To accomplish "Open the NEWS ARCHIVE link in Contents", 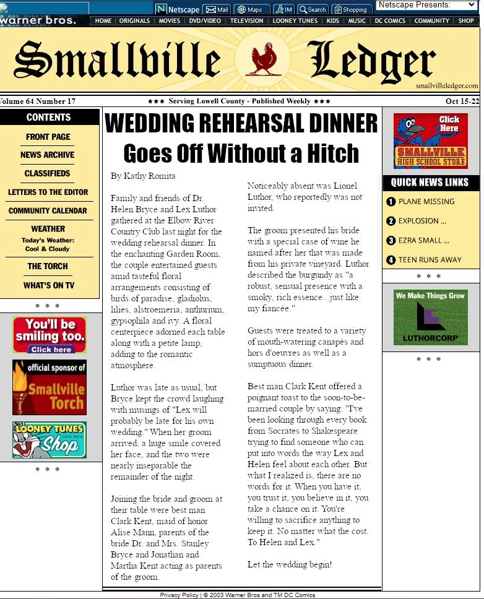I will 47,155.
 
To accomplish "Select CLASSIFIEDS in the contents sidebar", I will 48,173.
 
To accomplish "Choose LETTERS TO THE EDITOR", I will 48,192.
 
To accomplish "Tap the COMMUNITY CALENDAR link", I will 48,210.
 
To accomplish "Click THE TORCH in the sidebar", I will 48,266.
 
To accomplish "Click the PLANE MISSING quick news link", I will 426,201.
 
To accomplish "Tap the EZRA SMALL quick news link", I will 423,240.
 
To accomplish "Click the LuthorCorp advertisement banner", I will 430,317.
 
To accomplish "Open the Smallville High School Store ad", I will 430,140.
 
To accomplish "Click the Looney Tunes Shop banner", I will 50,439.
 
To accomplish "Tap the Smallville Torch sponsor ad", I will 50,387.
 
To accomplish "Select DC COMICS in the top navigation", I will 390,20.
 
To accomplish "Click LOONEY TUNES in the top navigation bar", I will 295,20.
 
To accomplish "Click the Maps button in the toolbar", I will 250,9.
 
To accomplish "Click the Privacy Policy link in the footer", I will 179,595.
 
